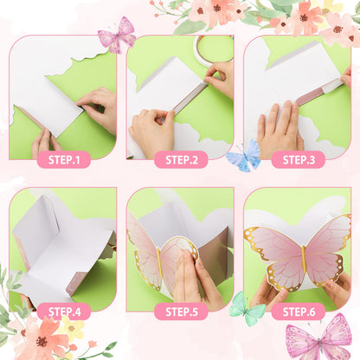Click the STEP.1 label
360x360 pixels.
[64, 160]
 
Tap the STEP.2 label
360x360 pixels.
[182, 160]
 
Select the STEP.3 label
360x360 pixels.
[299, 160]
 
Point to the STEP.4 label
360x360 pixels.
[64, 312]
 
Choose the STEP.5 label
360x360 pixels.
[182, 312]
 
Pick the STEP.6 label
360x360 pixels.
[299, 312]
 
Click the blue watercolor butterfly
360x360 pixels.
[244, 156]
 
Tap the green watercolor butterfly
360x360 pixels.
[247, 309]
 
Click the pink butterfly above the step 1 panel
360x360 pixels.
[118, 35]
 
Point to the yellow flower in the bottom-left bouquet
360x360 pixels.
[71, 328]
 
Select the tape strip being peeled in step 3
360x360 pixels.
[319, 91]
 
